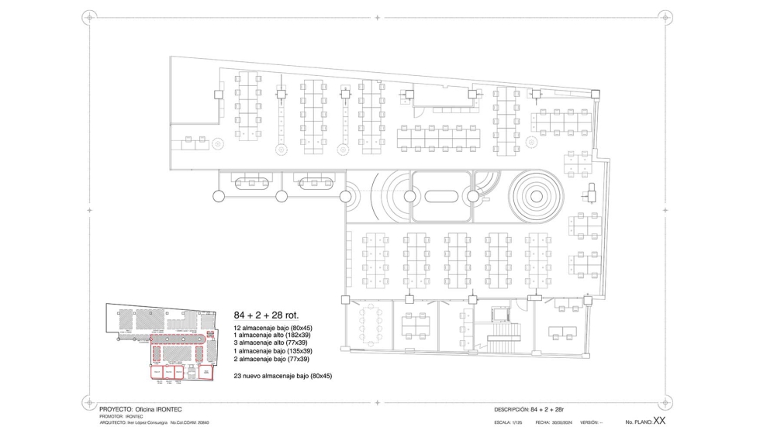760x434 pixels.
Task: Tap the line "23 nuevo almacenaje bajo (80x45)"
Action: coord(283,376)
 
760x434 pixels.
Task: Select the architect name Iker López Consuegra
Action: coord(147,423)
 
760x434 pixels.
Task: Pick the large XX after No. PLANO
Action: coord(660,421)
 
